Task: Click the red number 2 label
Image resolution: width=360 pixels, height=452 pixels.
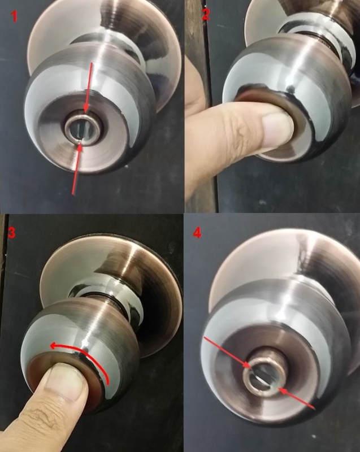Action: point(206,15)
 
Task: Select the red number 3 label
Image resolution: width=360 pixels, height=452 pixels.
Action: point(11,233)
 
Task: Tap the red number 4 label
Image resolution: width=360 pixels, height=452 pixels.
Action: point(197,233)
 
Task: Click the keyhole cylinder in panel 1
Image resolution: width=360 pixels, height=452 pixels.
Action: point(83,128)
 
